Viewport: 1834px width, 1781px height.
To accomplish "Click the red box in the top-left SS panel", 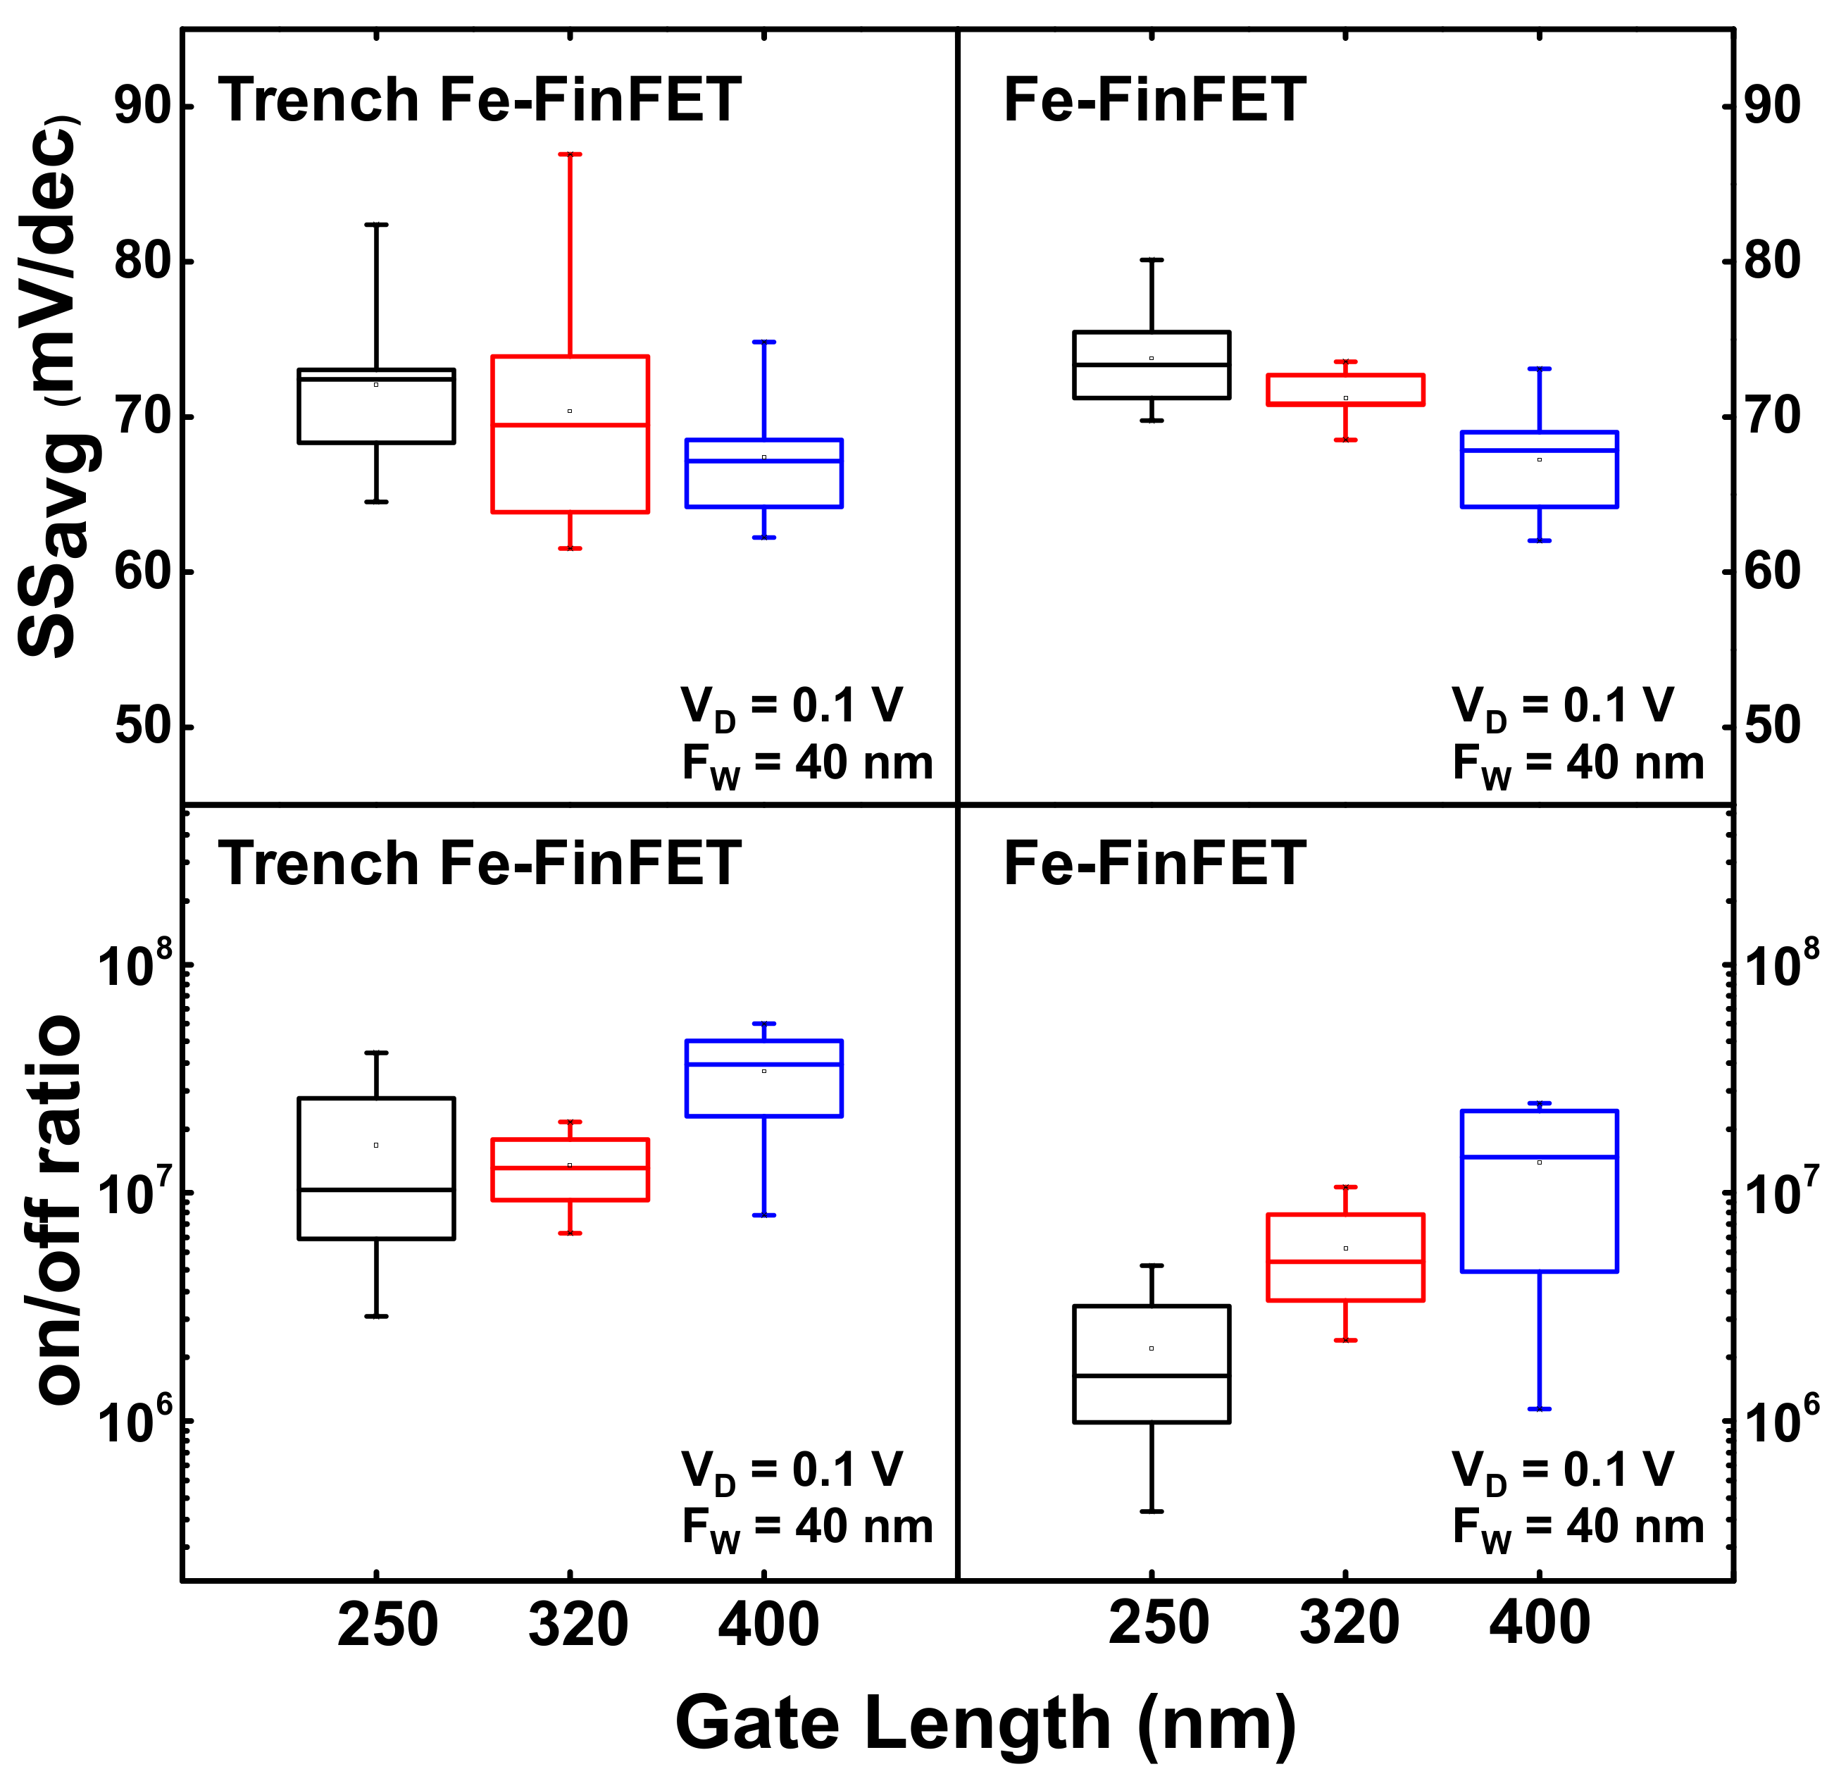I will pos(570,433).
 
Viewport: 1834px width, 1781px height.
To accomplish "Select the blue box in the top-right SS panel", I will pos(1540,469).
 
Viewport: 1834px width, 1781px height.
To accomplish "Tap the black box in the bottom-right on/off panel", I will pos(1151,1364).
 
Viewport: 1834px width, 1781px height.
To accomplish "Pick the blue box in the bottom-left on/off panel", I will pos(763,1078).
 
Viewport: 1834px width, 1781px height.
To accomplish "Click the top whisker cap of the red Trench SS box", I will pos(570,154).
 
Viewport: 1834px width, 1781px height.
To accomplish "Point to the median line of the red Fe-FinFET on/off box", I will pos(1345,1262).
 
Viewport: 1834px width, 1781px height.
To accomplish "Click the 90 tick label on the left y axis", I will pos(140,106).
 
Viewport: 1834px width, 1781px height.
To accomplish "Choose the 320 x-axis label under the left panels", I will pos(578,1625).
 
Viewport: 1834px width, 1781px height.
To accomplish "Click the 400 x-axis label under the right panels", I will pos(1540,1625).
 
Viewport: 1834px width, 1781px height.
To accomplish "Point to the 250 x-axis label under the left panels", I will pos(387,1625).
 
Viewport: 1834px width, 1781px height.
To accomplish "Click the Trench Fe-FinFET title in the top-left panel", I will pos(479,100).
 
